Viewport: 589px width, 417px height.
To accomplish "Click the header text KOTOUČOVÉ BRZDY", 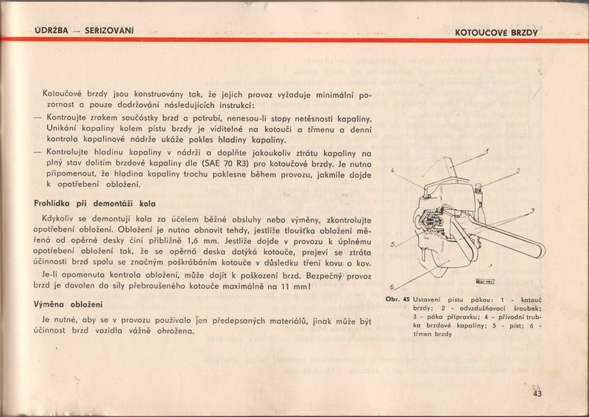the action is point(496,32).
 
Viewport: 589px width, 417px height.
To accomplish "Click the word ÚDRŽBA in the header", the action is point(52,30).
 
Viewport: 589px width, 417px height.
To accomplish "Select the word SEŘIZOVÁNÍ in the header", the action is point(109,30).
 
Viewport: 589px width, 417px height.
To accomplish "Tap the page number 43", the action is point(537,393).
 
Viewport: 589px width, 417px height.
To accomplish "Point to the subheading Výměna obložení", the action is point(68,304).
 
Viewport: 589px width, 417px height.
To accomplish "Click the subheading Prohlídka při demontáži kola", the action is point(95,204).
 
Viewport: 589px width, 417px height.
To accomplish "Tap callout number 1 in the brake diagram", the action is point(486,152).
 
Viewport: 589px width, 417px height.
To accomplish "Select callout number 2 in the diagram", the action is point(518,171).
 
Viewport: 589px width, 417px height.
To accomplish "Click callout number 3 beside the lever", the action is point(532,211).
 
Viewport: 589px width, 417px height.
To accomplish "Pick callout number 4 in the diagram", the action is point(392,170).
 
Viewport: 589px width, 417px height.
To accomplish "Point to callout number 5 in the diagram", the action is point(392,244).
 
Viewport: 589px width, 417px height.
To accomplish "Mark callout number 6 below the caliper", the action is point(392,287).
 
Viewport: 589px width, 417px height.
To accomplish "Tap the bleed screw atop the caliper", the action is point(478,188).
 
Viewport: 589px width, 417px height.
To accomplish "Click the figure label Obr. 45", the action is point(398,299).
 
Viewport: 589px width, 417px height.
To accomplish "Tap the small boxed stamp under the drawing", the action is point(485,281).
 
